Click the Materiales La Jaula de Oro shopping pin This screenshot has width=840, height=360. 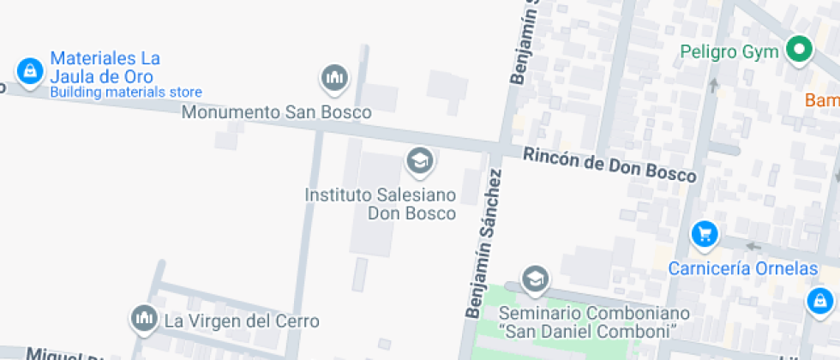click(29, 70)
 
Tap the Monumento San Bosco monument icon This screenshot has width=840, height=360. click(333, 78)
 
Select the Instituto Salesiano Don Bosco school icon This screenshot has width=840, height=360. click(418, 159)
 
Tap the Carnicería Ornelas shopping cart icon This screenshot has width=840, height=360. click(704, 233)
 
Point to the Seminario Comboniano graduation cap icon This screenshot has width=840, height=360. click(535, 278)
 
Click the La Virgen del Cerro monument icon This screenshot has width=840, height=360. click(143, 319)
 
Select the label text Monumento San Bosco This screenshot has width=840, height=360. click(276, 112)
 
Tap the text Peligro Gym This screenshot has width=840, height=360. click(729, 51)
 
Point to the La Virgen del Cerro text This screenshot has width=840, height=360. click(242, 321)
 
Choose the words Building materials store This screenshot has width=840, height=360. click(126, 93)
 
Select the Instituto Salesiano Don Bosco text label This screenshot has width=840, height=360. click(381, 204)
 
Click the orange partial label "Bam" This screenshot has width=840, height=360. click(823, 100)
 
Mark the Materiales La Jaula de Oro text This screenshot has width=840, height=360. click(105, 67)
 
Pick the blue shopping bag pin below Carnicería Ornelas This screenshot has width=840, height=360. click(820, 300)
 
